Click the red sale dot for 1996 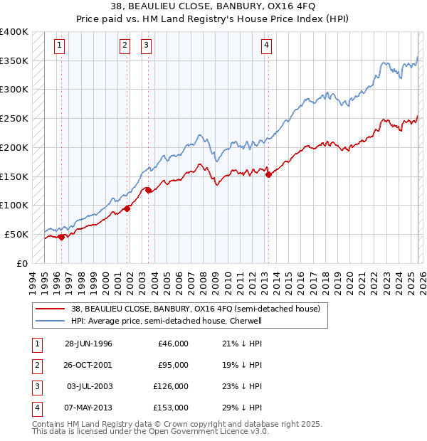(61, 237)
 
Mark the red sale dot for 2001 (127, 208)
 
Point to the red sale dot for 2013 (268, 174)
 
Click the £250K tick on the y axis (14, 119)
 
